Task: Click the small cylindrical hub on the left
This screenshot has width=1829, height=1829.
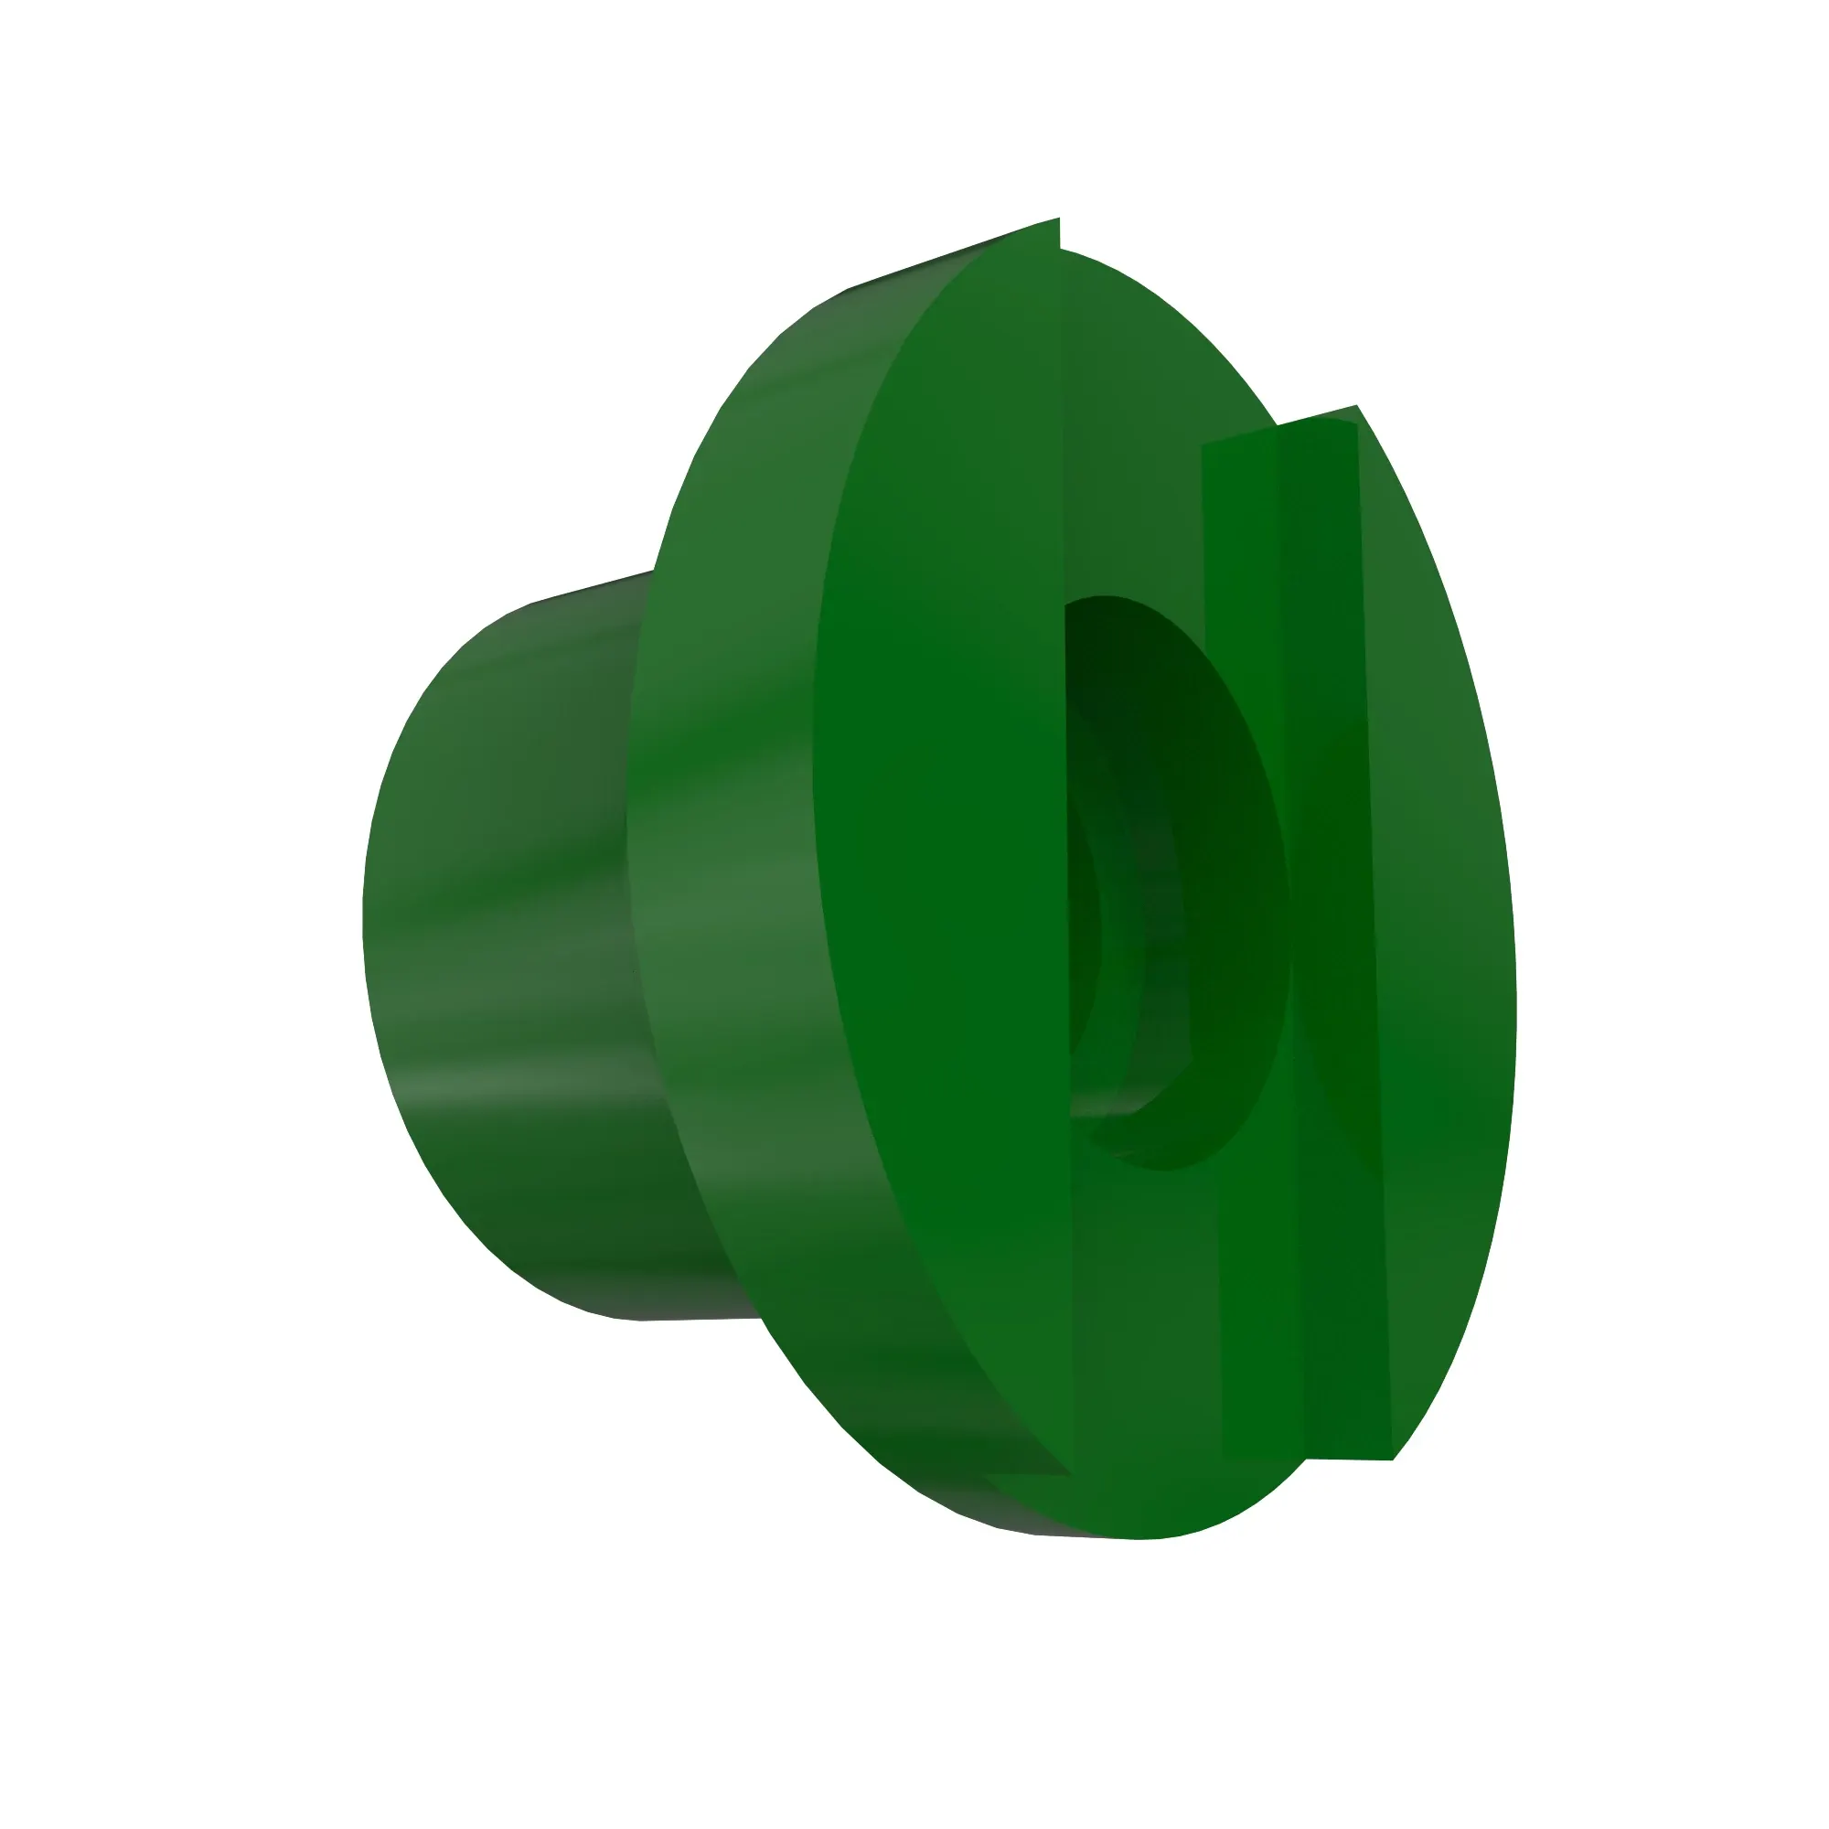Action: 502,947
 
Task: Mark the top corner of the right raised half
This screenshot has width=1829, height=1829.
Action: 1355,407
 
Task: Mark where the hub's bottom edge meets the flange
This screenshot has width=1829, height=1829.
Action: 760,1317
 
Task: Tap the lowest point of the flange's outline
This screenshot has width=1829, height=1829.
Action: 1136,1538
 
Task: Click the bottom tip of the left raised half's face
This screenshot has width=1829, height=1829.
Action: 1068,1473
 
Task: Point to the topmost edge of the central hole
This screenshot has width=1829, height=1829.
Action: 1103,596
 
